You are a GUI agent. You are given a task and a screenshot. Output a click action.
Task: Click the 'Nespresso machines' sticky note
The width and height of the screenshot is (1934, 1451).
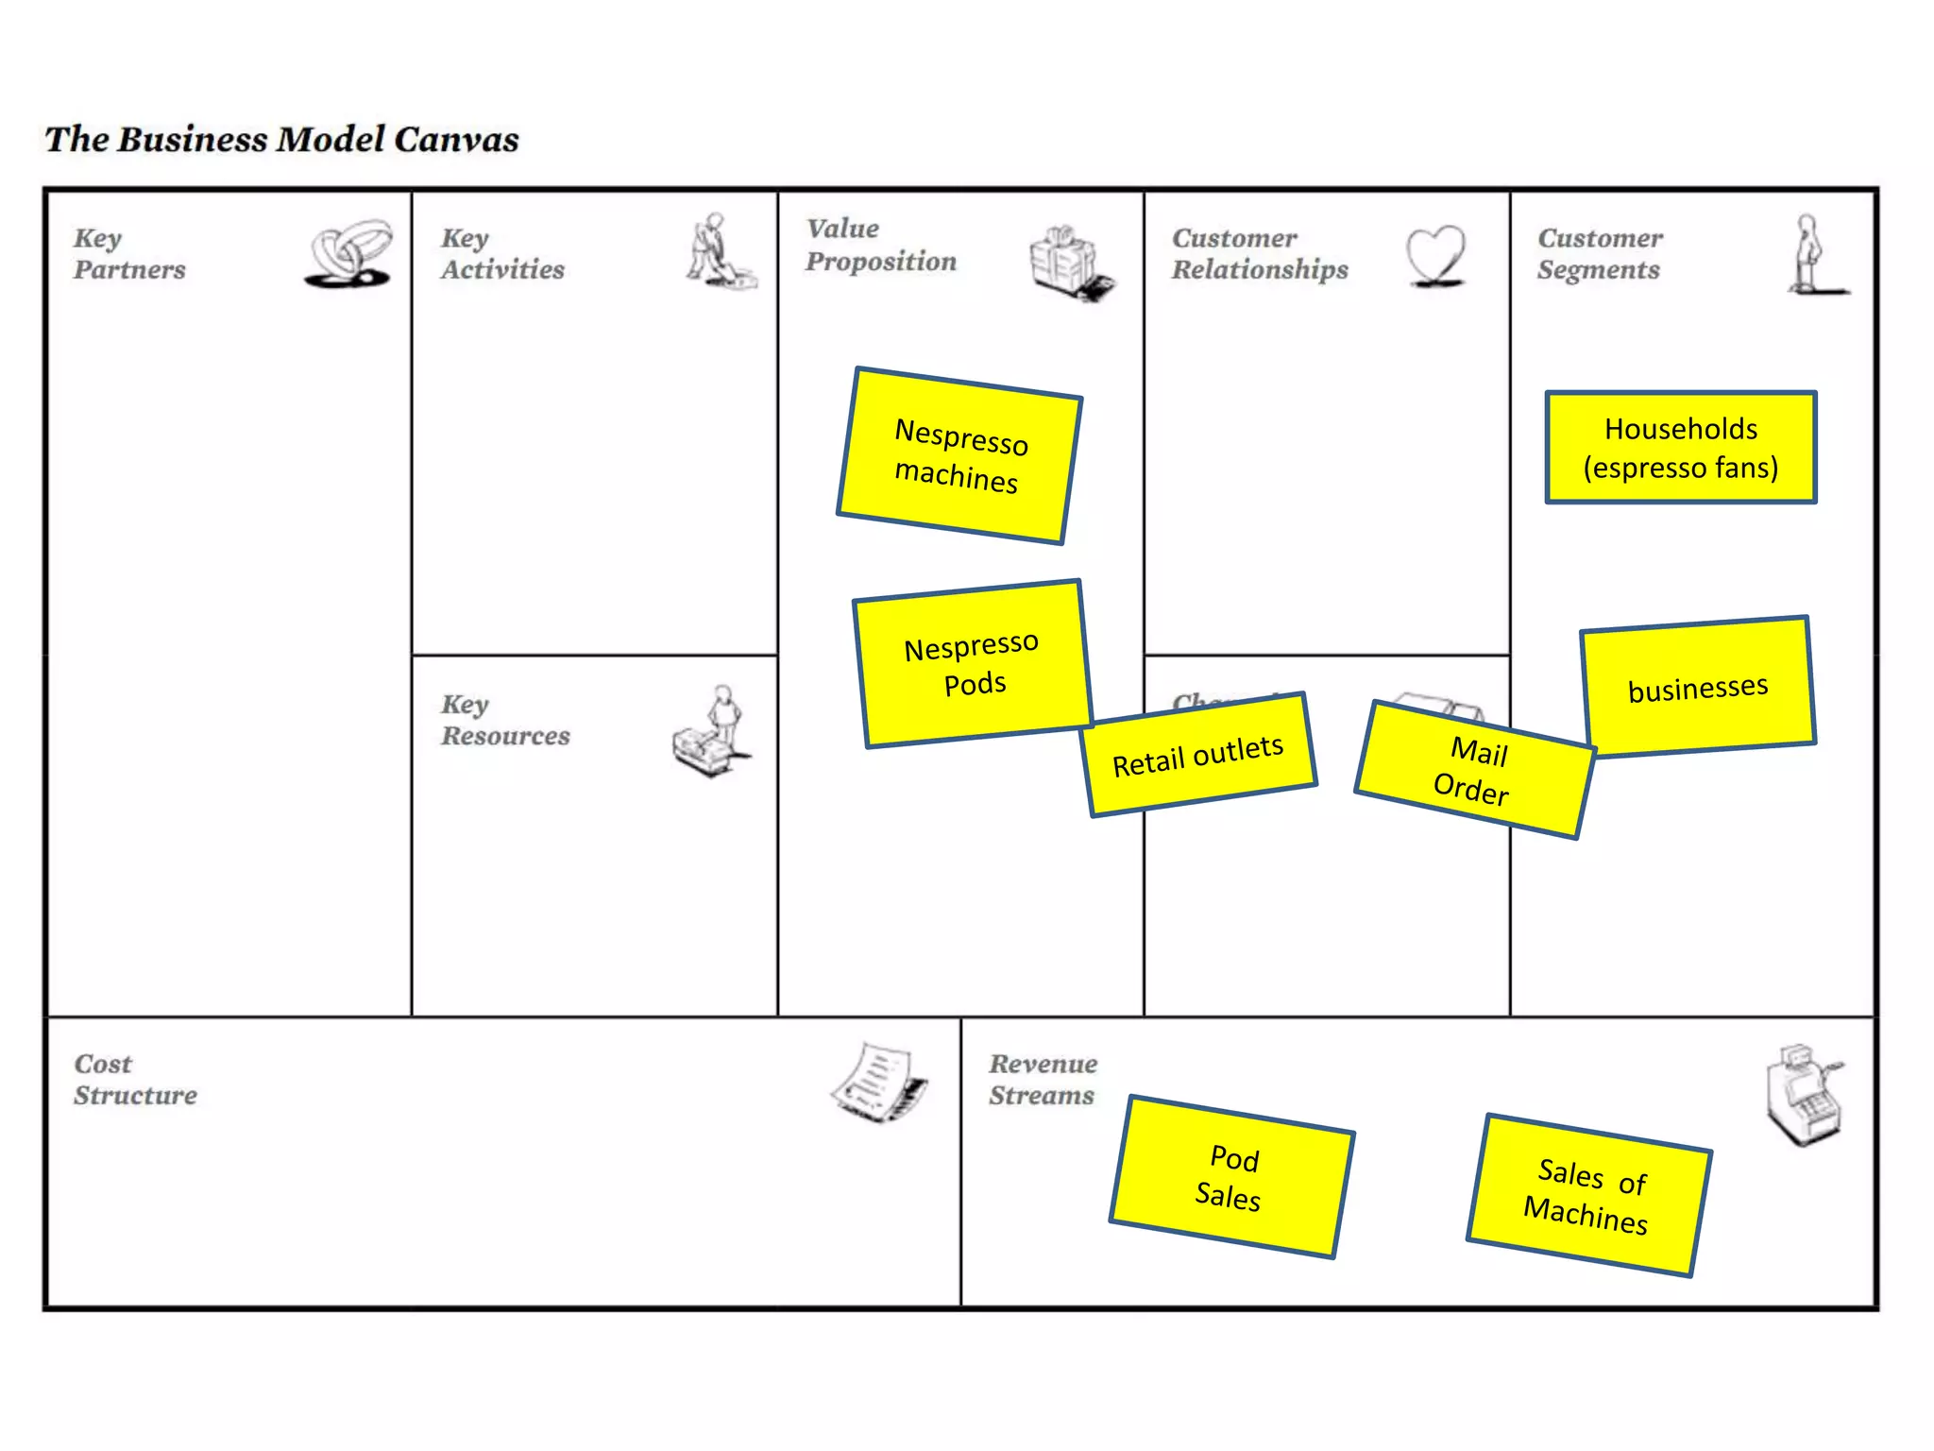(x=959, y=455)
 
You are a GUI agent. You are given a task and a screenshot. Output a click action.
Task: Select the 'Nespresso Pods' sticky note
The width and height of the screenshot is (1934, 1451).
(x=973, y=663)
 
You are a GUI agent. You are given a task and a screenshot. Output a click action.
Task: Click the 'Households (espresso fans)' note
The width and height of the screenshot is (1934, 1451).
(x=1681, y=448)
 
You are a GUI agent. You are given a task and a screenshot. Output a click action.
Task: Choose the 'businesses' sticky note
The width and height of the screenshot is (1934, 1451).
(x=1698, y=687)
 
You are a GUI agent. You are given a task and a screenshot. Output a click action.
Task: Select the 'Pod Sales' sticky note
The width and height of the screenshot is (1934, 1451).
(x=1231, y=1177)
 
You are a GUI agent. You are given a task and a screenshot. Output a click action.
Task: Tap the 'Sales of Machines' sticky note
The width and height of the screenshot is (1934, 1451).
(x=1588, y=1195)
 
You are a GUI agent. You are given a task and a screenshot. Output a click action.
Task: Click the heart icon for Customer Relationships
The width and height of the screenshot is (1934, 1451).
(x=1435, y=255)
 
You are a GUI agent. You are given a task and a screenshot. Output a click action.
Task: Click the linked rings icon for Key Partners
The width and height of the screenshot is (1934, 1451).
(x=349, y=253)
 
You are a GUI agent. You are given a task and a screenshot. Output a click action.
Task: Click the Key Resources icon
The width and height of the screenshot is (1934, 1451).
(x=710, y=731)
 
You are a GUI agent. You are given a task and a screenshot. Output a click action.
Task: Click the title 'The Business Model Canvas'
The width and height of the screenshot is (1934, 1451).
(x=281, y=140)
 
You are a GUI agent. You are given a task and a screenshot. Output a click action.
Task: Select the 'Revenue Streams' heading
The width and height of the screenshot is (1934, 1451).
(x=1043, y=1079)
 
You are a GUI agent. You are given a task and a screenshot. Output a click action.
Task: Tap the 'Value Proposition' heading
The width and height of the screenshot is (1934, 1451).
(x=880, y=245)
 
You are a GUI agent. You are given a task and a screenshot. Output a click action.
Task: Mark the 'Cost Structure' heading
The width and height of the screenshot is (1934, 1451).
(x=135, y=1079)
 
